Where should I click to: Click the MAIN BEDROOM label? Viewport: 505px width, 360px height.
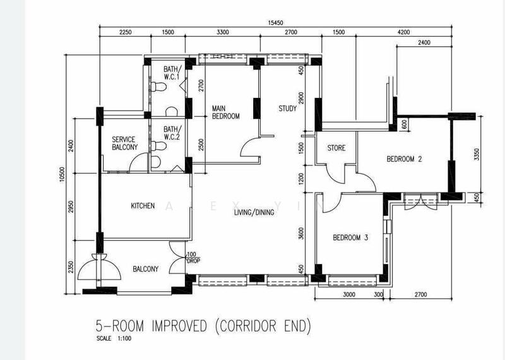pyautogui.click(x=225, y=112)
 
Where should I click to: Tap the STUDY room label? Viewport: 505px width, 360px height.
pyautogui.click(x=287, y=109)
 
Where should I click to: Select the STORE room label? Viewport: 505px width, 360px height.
pyautogui.click(x=336, y=148)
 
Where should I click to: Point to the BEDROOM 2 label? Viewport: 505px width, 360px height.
pyautogui.click(x=404, y=159)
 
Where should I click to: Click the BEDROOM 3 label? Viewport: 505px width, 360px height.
pyautogui.click(x=350, y=238)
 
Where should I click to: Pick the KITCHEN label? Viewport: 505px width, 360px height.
pyautogui.click(x=143, y=206)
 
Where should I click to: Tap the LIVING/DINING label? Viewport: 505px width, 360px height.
pyautogui.click(x=254, y=213)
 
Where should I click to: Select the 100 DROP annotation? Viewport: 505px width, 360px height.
pyautogui.click(x=193, y=258)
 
